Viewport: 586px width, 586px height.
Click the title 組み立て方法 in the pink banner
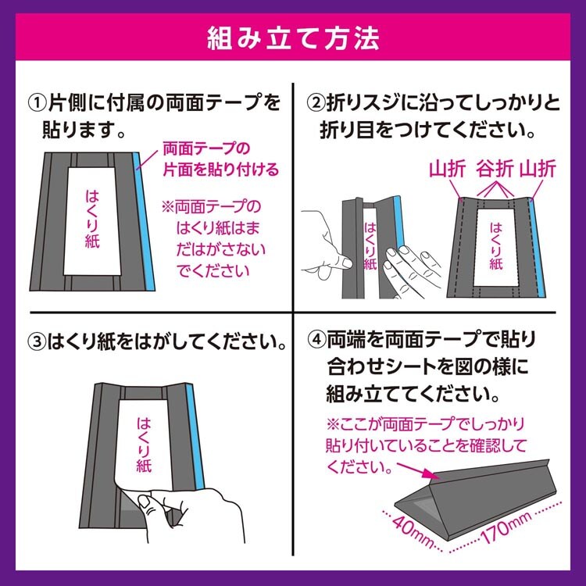click(x=293, y=38)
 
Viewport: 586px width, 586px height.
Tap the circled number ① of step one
click(x=38, y=102)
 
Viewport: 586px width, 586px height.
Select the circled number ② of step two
click(x=316, y=102)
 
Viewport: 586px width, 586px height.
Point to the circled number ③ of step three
click(x=38, y=341)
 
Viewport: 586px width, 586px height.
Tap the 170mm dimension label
click(x=506, y=527)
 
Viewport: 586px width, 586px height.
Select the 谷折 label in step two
click(x=495, y=170)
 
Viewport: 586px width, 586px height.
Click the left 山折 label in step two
click(x=447, y=170)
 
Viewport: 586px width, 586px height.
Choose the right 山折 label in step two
click(x=538, y=170)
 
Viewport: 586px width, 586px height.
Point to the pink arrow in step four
click(x=419, y=472)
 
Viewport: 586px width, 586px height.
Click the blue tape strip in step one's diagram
click(x=145, y=221)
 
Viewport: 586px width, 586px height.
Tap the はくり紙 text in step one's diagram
click(x=92, y=220)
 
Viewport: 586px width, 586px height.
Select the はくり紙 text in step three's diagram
click(x=144, y=445)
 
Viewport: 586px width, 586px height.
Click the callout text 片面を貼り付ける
click(x=221, y=170)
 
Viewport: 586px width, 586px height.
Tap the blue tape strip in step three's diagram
click(x=195, y=436)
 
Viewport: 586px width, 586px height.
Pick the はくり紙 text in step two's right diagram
click(x=496, y=246)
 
